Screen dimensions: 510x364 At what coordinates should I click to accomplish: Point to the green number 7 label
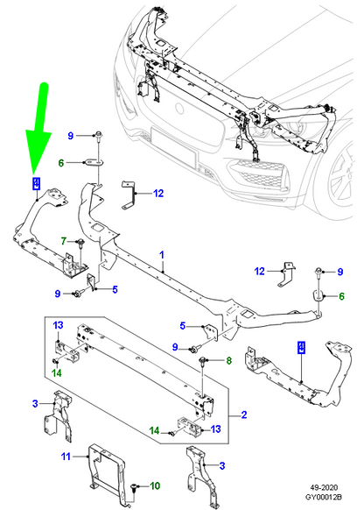pos(64,240)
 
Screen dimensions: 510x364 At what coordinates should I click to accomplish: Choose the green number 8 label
pos(229,360)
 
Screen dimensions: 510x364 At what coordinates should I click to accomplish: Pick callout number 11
pos(65,457)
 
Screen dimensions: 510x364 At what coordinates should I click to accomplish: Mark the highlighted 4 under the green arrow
pos(36,183)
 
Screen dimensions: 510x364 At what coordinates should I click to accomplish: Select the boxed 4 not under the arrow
pos(301,348)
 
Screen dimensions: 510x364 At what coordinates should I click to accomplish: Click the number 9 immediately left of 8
pos(175,348)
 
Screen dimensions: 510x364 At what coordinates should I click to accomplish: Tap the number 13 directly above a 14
pos(58,326)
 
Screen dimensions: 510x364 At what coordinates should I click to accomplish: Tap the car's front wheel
pos(337,188)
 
